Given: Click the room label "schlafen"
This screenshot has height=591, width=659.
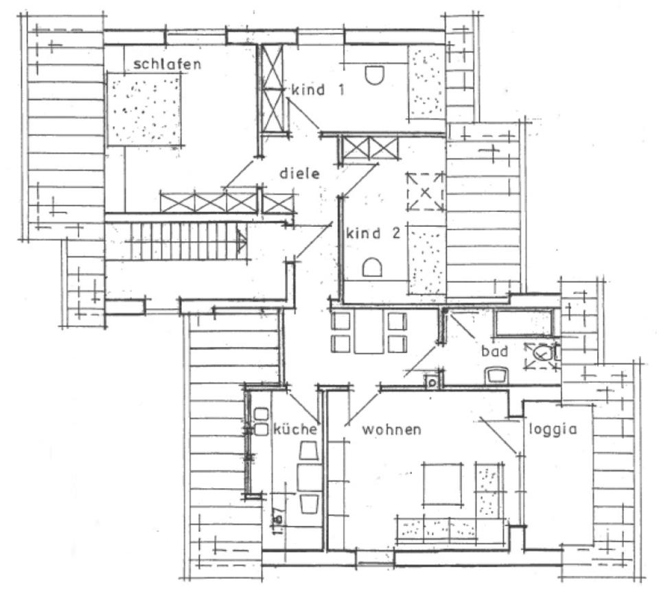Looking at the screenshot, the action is pos(167,64).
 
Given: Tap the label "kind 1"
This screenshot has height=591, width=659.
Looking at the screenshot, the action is pos(318,90).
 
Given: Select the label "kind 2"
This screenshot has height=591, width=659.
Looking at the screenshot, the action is pos(373,233).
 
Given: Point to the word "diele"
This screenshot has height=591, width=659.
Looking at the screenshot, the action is pos(300,173).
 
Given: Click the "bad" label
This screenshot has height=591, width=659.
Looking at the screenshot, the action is pos(494,351).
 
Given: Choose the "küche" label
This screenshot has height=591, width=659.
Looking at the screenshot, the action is pos(295,430).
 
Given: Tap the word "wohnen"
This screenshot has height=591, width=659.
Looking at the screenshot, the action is pos(391,430).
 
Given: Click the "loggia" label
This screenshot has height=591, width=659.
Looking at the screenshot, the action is pos(551,431).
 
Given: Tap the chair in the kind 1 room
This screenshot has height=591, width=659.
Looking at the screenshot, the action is pos(374,75).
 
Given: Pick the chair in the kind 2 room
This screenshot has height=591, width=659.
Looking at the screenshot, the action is pos(371,266).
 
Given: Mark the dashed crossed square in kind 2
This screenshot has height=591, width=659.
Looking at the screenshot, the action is pos(425,191).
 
